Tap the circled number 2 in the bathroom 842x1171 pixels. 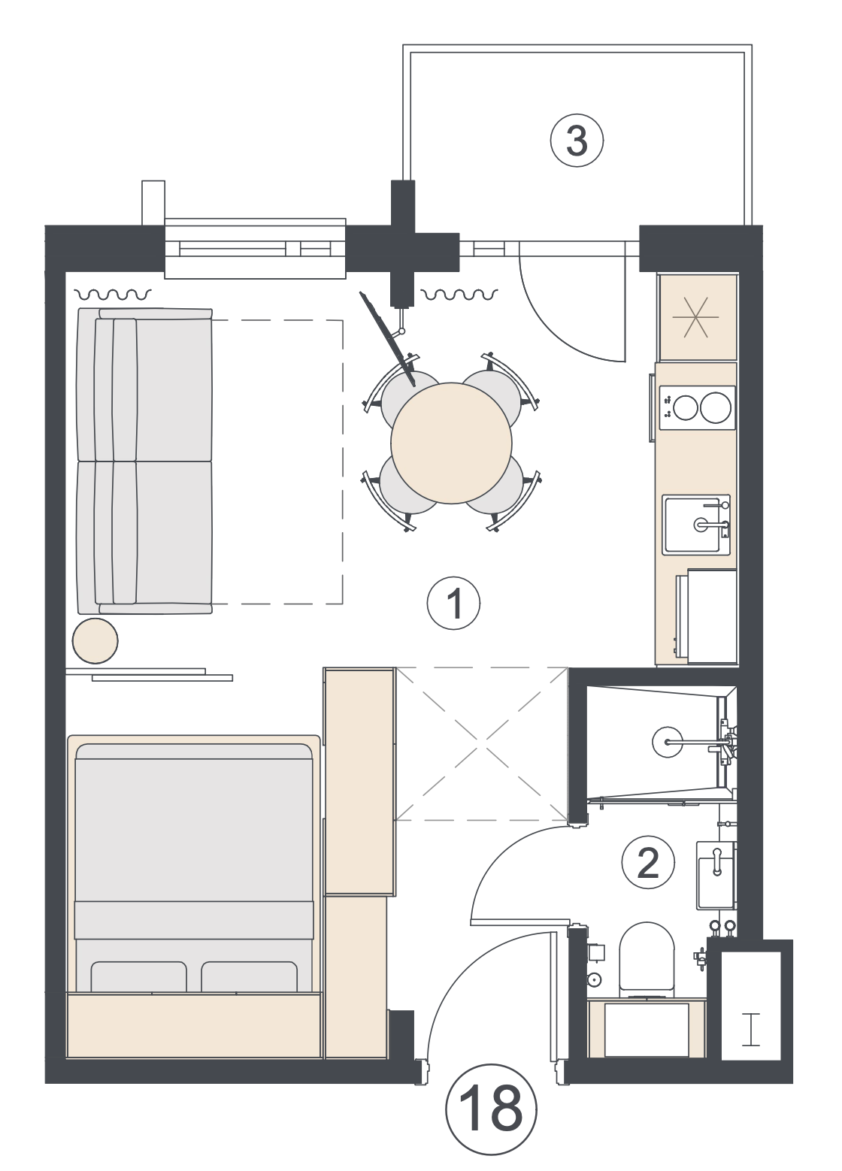click(x=648, y=863)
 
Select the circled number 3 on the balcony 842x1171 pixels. click(x=577, y=141)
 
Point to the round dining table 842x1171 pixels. click(x=451, y=443)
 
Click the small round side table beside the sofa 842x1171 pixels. click(x=95, y=640)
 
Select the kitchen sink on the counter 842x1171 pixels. click(x=696, y=525)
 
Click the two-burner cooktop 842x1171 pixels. click(x=697, y=408)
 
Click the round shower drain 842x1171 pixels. click(x=667, y=741)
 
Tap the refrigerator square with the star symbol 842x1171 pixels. click(x=698, y=317)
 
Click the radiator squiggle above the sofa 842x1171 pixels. click(x=113, y=295)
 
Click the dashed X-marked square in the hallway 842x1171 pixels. click(x=480, y=743)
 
